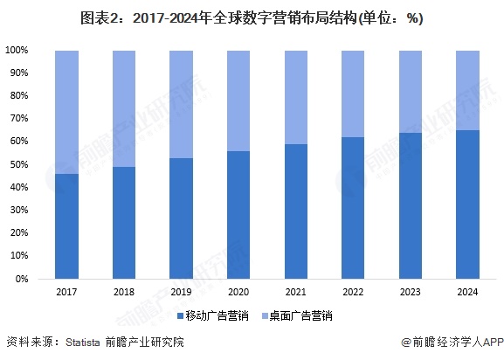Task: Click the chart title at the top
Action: pyautogui.click(x=252, y=18)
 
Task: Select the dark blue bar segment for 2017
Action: pyautogui.click(x=66, y=226)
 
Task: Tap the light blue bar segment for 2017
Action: pyautogui.click(x=66, y=112)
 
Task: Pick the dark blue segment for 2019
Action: pyautogui.click(x=181, y=218)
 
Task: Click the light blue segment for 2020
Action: pyautogui.click(x=238, y=100)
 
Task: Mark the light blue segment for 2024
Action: pyautogui.click(x=467, y=90)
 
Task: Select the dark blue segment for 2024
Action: pyautogui.click(x=467, y=204)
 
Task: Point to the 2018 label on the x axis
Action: pyautogui.click(x=124, y=292)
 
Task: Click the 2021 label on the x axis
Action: pyautogui.click(x=295, y=292)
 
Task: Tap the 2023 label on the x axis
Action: pyautogui.click(x=410, y=292)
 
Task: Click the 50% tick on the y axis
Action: pyautogui.click(x=20, y=165)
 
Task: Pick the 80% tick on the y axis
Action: pyautogui.click(x=20, y=96)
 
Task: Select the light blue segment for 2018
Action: pyautogui.click(x=124, y=108)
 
